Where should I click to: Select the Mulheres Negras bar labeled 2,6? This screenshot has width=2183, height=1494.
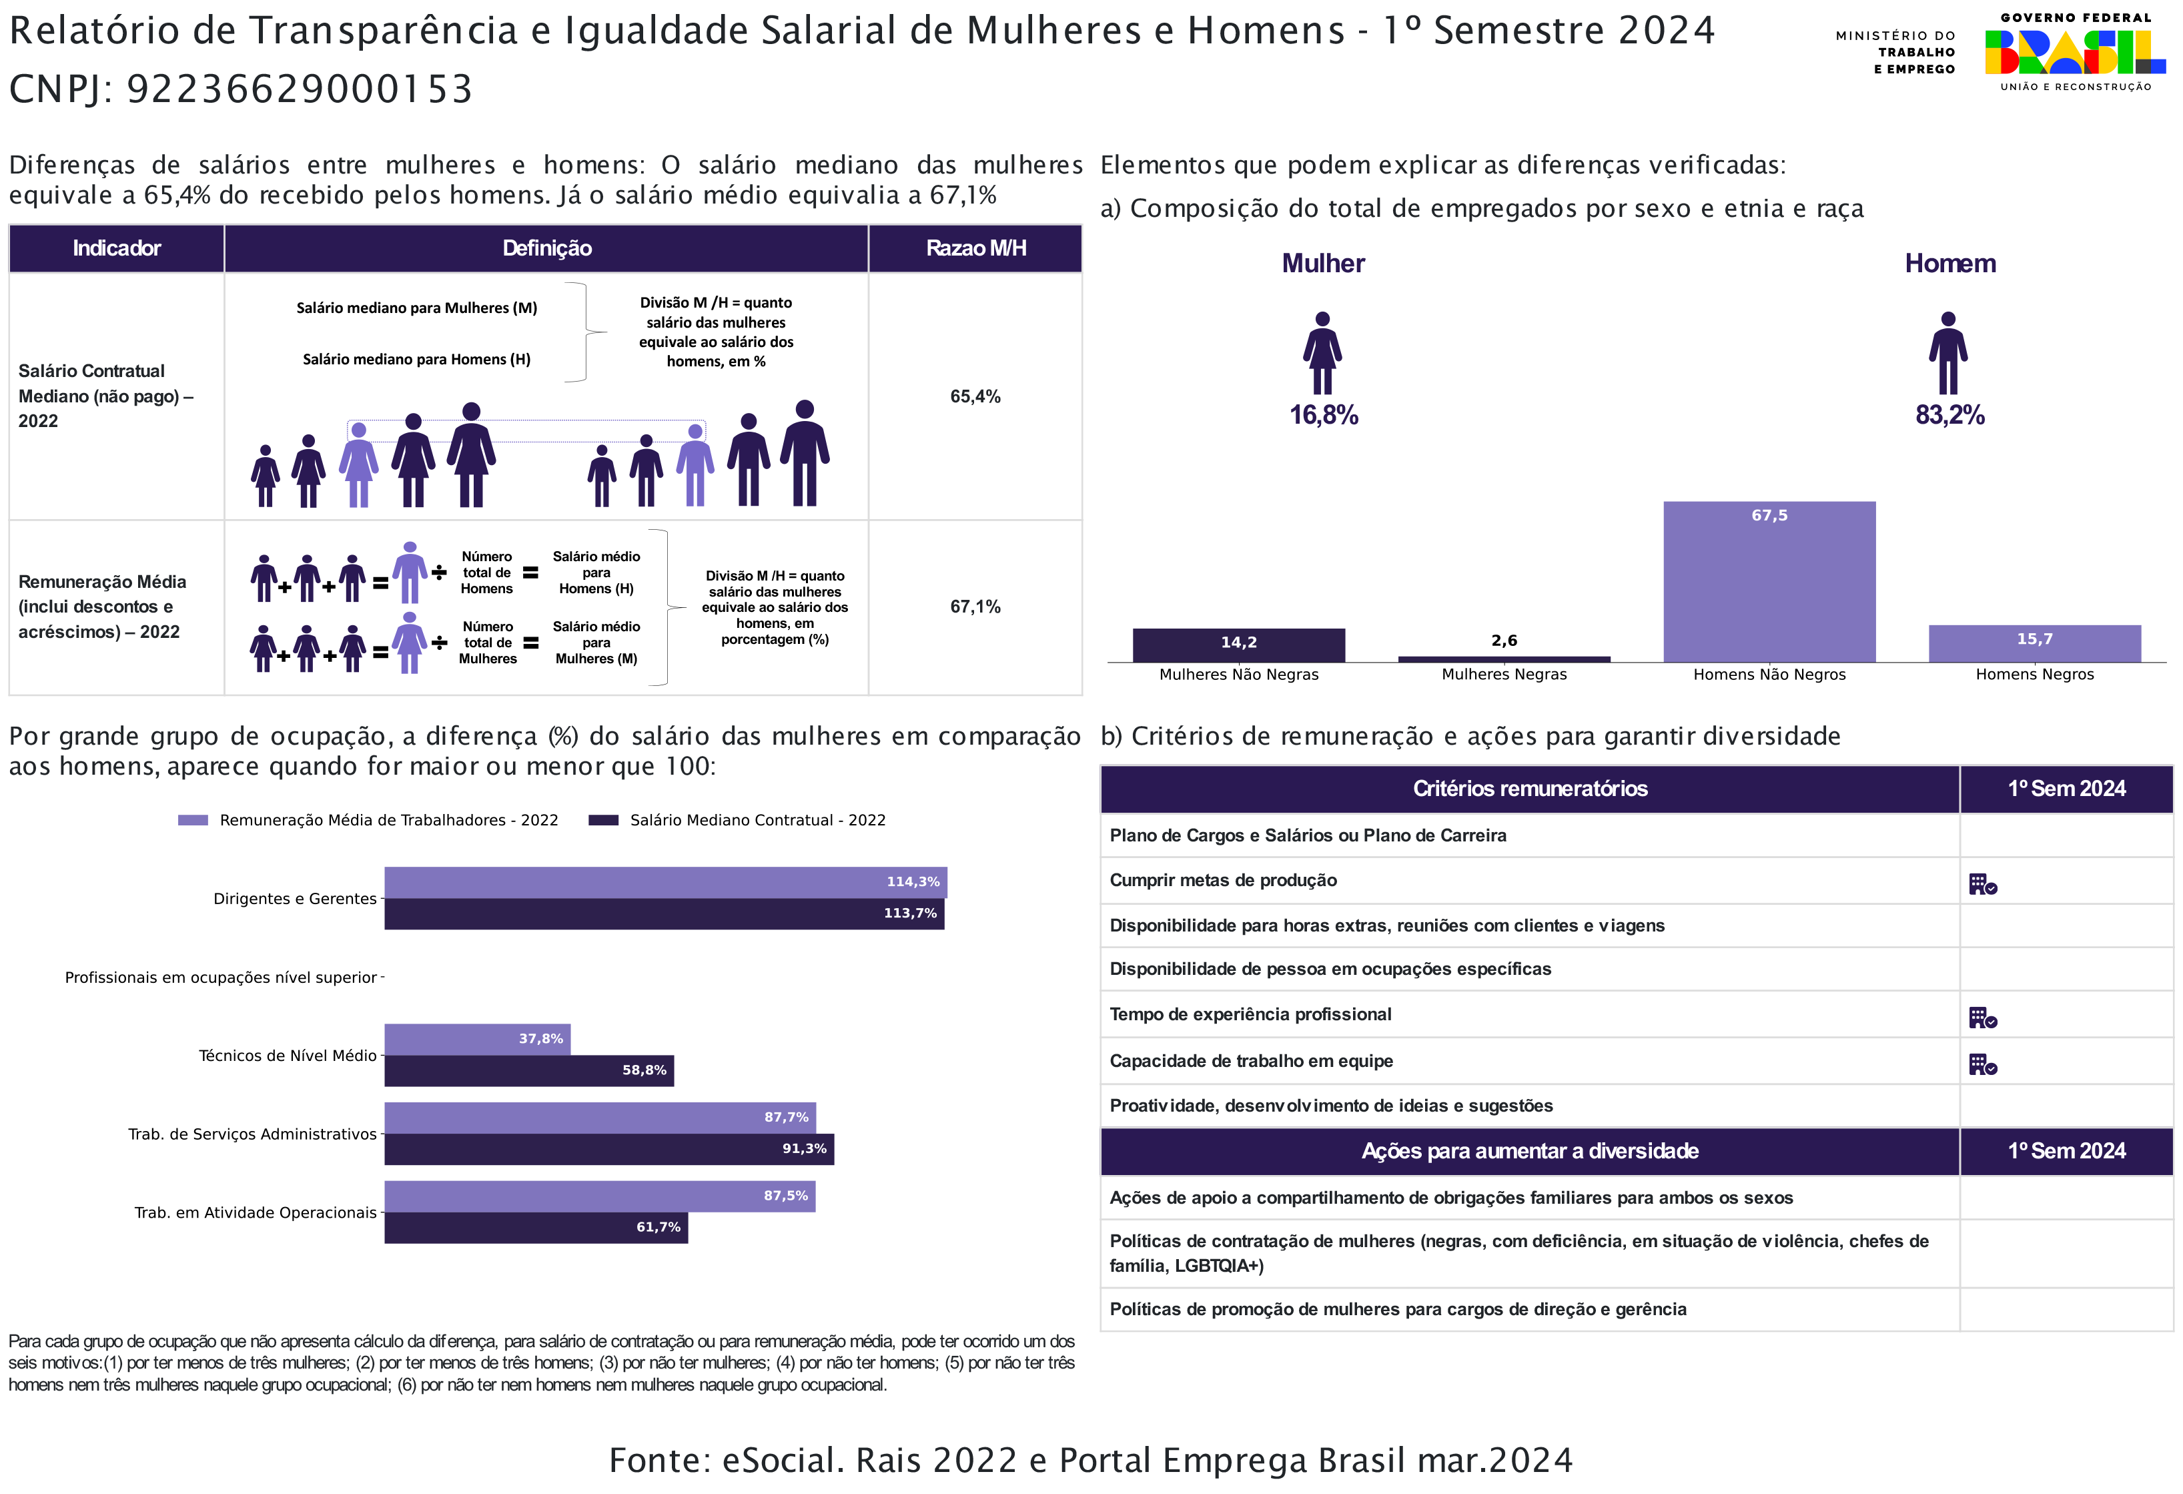point(1504,659)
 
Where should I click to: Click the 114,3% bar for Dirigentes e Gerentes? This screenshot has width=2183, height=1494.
point(665,882)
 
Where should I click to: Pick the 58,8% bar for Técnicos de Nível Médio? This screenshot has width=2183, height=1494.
point(529,1071)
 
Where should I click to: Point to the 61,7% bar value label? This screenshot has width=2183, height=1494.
point(658,1227)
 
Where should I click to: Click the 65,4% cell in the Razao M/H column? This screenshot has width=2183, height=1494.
point(975,396)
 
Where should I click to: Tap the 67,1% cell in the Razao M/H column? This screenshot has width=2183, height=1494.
point(975,607)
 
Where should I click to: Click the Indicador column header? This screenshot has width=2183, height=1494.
point(117,248)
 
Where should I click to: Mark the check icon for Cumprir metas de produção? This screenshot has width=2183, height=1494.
point(1982,884)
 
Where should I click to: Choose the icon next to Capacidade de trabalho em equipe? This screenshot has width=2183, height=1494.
point(1982,1064)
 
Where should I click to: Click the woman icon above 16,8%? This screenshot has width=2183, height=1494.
point(1322,353)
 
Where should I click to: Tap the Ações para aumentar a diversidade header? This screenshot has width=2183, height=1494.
point(1529,1151)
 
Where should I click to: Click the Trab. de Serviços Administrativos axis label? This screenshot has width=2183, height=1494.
point(252,1134)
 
